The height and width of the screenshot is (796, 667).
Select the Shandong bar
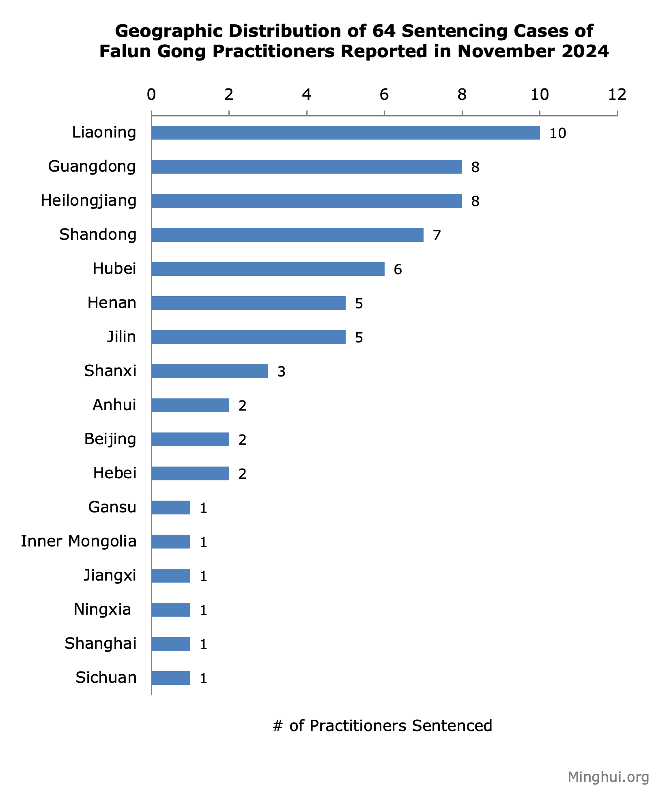pyautogui.click(x=287, y=235)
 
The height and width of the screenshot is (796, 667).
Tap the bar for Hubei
pyautogui.click(x=268, y=269)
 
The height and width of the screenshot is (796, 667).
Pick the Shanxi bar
pyautogui.click(x=210, y=371)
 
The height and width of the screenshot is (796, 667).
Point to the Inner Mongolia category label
pyautogui.click(x=79, y=542)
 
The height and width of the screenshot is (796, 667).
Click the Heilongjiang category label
pyautogui.click(x=89, y=201)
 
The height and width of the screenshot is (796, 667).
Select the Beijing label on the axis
pyautogui.click(x=110, y=439)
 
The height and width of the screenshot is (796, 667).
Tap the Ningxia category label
pyautogui.click(x=102, y=610)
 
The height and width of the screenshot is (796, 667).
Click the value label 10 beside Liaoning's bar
pyautogui.click(x=557, y=133)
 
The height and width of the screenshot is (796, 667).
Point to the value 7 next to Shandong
pyautogui.click(x=437, y=235)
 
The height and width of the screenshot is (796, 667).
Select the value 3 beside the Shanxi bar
pyautogui.click(x=281, y=372)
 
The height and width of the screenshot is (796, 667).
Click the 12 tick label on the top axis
pyautogui.click(x=617, y=95)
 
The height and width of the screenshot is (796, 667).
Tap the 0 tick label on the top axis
pyautogui.click(x=151, y=95)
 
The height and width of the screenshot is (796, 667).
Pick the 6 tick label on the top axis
pyautogui.click(x=384, y=95)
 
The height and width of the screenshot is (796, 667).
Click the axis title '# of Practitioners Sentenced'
pyautogui.click(x=382, y=726)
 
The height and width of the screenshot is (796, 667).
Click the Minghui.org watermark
pyautogui.click(x=608, y=777)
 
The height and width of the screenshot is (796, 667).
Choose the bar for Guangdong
pyautogui.click(x=307, y=167)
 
